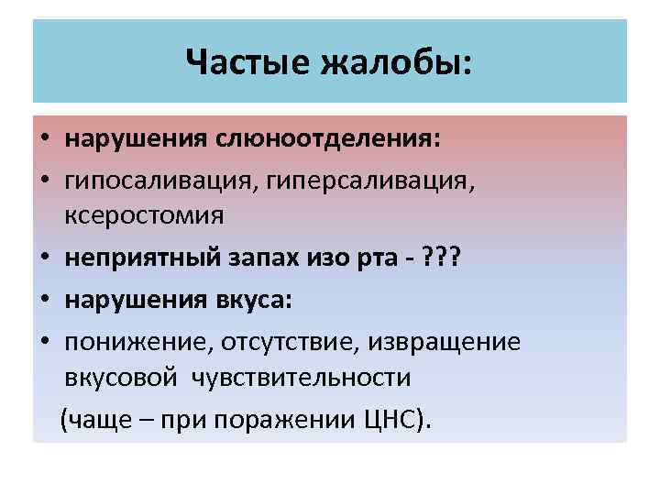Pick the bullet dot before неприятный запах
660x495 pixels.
(43, 260)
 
